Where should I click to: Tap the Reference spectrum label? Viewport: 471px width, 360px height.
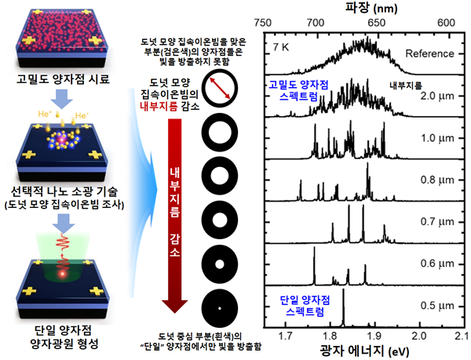point(430,53)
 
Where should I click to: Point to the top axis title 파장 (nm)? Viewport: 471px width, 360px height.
point(361,8)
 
